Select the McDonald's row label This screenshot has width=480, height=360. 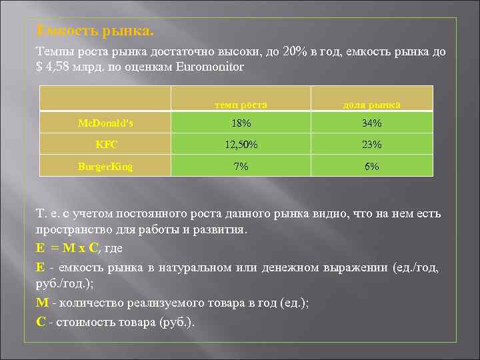pyautogui.click(x=104, y=123)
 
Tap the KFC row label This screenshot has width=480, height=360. pyautogui.click(x=104, y=145)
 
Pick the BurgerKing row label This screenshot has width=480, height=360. pyautogui.click(x=105, y=166)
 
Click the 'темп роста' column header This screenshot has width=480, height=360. pyautogui.click(x=241, y=105)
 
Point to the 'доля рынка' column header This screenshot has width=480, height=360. pyautogui.click(x=372, y=105)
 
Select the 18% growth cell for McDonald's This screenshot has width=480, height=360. pyautogui.click(x=241, y=123)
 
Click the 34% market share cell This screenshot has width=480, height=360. pyautogui.click(x=372, y=123)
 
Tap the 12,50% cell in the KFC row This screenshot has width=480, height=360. pyautogui.click(x=241, y=145)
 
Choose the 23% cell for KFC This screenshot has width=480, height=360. pyautogui.click(x=372, y=145)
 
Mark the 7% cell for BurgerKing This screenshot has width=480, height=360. pyautogui.click(x=241, y=166)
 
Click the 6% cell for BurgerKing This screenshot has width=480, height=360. pyautogui.click(x=372, y=166)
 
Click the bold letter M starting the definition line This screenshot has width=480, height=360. pyautogui.click(x=41, y=302)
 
